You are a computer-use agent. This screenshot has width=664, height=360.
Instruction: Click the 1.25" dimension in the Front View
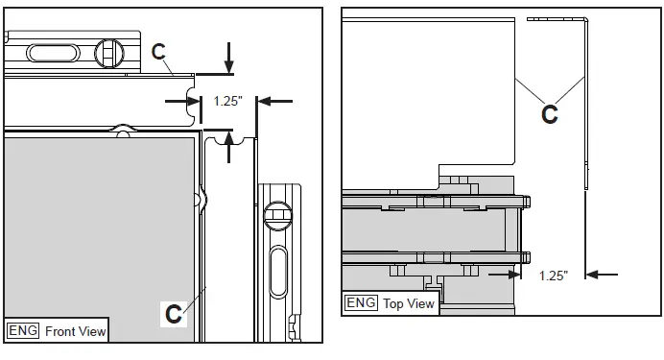pos(227,100)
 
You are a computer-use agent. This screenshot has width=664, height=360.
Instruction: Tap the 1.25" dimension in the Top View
pos(553,275)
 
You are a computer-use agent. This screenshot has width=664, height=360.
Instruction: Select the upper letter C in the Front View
pos(159,52)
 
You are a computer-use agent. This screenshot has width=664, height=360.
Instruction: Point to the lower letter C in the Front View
pos(174,313)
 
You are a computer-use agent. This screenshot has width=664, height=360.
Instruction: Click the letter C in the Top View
pos(550,114)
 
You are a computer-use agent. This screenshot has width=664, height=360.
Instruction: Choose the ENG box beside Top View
pos(361,302)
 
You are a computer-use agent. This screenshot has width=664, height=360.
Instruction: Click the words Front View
pos(75,330)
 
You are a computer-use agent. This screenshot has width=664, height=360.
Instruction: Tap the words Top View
pos(409,302)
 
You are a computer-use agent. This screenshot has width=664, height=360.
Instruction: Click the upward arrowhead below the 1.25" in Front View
pos(228,139)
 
